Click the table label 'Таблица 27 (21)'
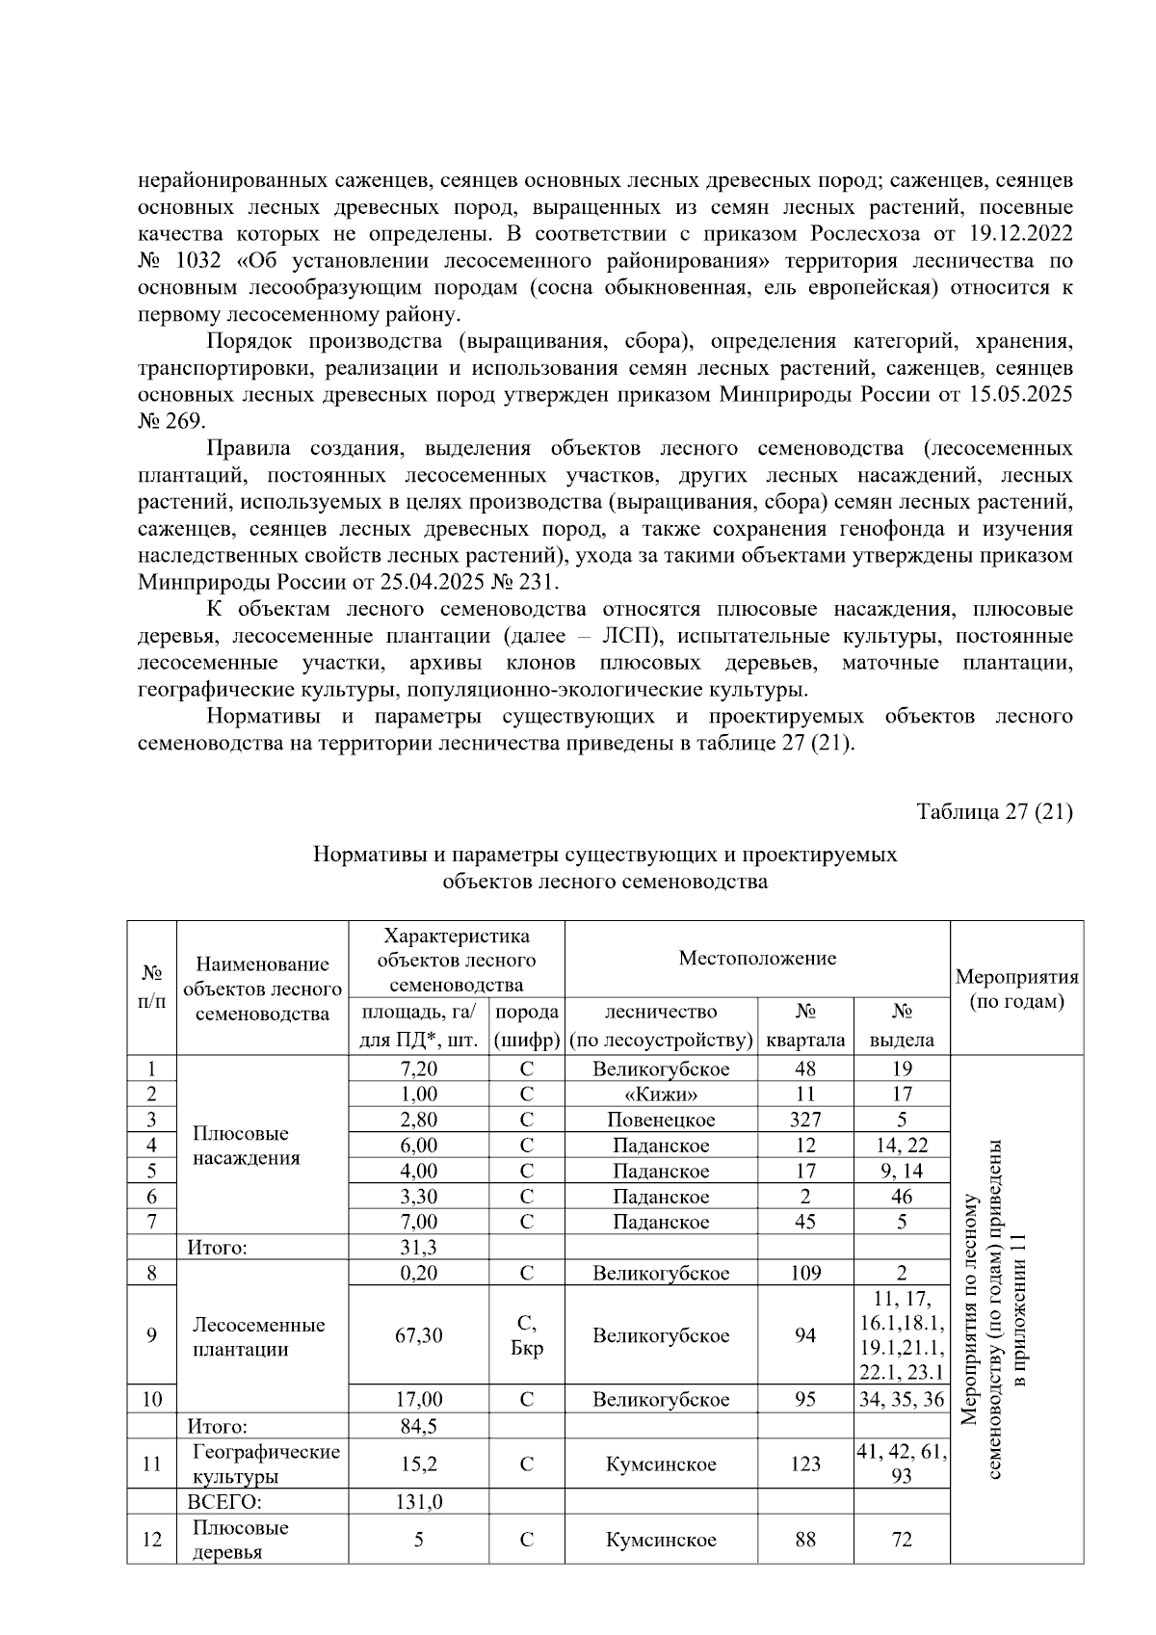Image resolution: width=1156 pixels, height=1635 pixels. point(995,811)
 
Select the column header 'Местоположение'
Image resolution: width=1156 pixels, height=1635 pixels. point(757,958)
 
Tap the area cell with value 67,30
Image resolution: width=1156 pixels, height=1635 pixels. point(418,1335)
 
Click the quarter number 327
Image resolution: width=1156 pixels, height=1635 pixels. point(805,1120)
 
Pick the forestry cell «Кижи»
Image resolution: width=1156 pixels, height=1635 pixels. point(661,1094)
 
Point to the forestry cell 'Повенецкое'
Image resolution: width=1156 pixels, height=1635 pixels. point(661,1120)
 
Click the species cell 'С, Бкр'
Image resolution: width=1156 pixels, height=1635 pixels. point(526,1335)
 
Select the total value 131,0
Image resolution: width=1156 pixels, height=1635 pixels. point(418,1502)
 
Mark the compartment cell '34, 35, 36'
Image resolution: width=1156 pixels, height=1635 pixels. point(902,1399)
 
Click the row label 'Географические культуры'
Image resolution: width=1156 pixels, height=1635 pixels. point(265,1464)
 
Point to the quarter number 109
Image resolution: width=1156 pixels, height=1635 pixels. point(805,1273)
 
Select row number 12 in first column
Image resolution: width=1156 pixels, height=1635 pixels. point(151,1539)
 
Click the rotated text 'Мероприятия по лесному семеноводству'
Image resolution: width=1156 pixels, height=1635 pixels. point(971,1310)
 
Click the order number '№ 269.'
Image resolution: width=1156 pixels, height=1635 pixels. point(171,421)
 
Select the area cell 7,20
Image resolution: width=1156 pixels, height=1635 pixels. point(418,1068)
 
